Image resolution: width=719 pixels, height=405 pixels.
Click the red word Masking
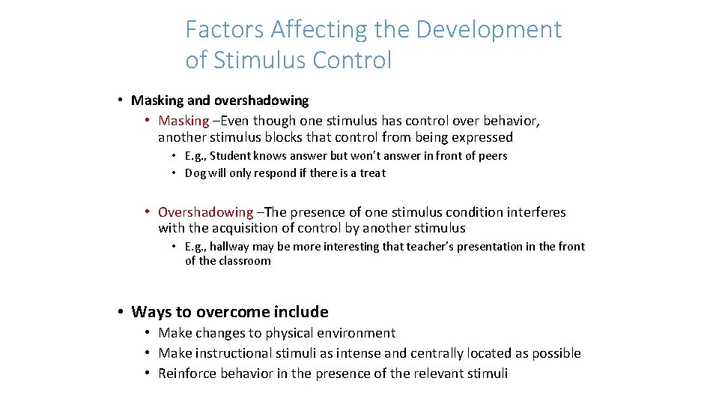point(183,121)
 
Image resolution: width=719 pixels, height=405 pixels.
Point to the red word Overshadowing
point(205,212)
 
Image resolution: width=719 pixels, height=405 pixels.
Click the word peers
point(491,156)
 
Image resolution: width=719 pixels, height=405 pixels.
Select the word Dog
point(195,173)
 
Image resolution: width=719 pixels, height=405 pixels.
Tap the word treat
point(372,173)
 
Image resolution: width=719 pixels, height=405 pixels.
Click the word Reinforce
point(187,373)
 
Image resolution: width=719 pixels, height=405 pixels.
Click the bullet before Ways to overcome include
point(120,312)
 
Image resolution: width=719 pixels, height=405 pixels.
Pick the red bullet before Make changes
point(149,333)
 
